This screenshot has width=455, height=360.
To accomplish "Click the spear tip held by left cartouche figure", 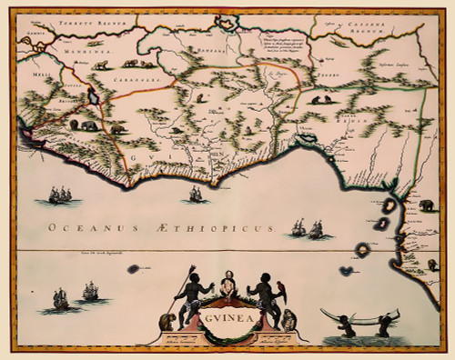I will coord(193,270).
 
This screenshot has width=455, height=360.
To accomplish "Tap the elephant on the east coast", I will coord(426,205).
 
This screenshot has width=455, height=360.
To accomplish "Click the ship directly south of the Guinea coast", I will coord(195,193).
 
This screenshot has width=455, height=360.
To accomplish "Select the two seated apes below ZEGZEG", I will coord(320,100).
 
